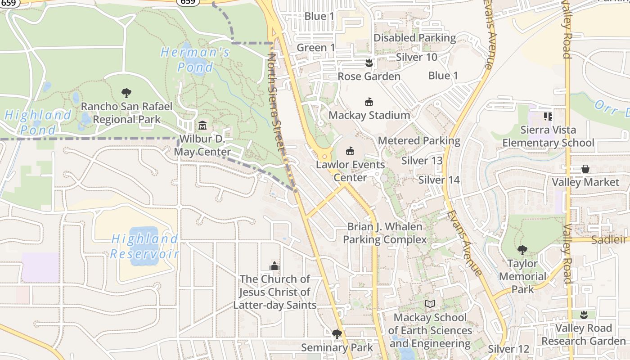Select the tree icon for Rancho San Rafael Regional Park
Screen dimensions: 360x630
tap(126, 93)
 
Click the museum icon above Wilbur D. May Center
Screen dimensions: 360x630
tap(202, 125)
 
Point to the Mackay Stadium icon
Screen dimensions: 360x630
tap(369, 102)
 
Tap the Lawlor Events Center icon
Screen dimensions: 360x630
tap(350, 151)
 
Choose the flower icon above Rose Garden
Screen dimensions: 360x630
tap(369, 63)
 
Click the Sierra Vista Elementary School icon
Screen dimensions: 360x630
tap(548, 117)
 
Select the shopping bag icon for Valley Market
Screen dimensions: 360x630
tap(585, 169)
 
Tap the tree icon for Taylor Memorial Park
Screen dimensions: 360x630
tap(522, 250)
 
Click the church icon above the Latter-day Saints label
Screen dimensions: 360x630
tap(274, 265)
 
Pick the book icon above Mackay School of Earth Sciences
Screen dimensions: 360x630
tap(430, 304)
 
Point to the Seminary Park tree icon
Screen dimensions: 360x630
tap(337, 334)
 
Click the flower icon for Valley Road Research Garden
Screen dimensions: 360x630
tap(584, 315)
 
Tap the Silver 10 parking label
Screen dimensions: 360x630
tap(416, 57)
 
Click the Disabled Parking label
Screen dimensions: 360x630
tap(414, 38)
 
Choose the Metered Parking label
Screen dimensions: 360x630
tap(419, 141)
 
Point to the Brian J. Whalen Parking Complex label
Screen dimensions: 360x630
tap(385, 233)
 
